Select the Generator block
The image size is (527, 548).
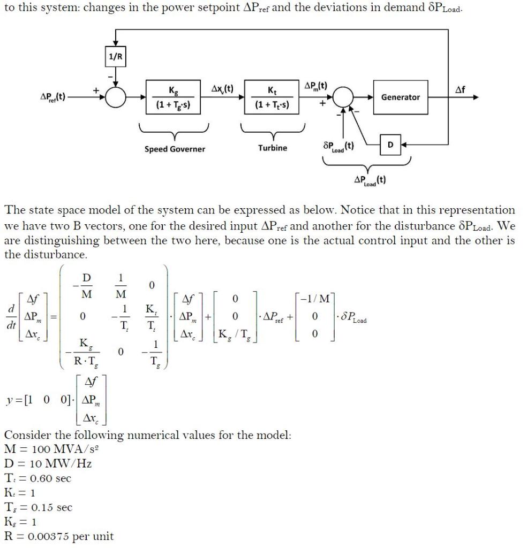tap(400, 97)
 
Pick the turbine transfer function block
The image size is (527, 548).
tap(273, 97)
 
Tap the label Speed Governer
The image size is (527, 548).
tap(175, 149)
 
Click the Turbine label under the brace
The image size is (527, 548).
tap(273, 148)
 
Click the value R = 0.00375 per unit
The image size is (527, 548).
tap(58, 536)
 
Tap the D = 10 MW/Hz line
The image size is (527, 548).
tap(48, 462)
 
